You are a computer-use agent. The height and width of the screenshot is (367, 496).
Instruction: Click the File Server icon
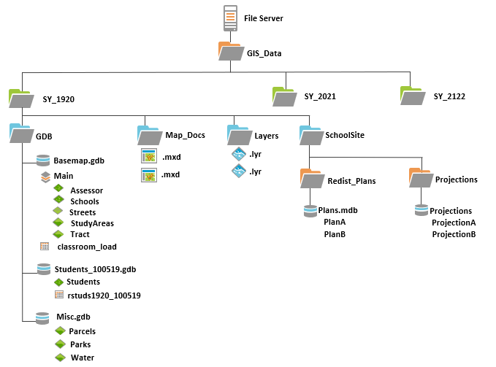click(230, 18)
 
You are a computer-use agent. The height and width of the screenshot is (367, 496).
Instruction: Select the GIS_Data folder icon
click(231, 51)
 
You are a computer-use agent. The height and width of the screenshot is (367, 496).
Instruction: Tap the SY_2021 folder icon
click(285, 96)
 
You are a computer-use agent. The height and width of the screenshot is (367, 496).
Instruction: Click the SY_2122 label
click(449, 96)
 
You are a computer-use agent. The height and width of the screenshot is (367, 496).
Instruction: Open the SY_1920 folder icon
click(21, 98)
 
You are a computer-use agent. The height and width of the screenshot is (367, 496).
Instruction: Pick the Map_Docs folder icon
click(150, 136)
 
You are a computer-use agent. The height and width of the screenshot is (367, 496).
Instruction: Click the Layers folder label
click(267, 136)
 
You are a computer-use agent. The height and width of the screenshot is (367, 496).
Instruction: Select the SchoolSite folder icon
click(312, 136)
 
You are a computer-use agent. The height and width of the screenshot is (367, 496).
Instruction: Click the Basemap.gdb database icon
click(43, 161)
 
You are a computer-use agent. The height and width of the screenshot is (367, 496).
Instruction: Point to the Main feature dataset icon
click(45, 177)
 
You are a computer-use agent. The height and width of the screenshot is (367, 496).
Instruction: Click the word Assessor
click(87, 190)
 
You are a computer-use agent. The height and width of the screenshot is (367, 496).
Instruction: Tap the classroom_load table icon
click(45, 247)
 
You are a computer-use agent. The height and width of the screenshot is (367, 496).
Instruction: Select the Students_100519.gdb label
click(95, 269)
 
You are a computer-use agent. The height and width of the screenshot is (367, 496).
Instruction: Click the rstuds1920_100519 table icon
click(59, 295)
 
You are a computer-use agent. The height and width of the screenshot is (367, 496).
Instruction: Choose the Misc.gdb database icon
click(42, 318)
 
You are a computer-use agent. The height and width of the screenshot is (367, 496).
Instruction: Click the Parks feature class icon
click(60, 344)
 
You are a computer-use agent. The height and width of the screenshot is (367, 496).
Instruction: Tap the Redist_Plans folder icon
click(313, 179)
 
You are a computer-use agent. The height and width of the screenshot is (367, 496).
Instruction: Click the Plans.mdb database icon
click(310, 211)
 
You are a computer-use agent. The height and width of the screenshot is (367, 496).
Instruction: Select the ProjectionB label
click(454, 234)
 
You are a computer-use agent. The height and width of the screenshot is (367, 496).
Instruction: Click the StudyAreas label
click(92, 223)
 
